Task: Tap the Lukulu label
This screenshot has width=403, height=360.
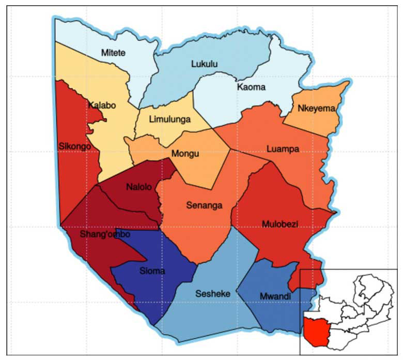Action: (204, 65)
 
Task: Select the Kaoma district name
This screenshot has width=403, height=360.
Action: (251, 87)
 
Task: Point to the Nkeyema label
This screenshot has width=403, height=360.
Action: (317, 108)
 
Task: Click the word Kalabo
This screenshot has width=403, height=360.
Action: (102, 106)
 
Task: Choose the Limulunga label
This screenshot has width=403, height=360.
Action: (169, 119)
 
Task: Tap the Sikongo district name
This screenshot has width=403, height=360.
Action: (75, 146)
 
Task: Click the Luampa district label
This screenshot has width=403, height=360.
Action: (283, 149)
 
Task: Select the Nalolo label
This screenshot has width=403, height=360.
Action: (139, 187)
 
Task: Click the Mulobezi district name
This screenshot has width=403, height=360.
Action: (280, 224)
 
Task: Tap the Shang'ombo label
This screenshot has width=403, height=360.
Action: (105, 234)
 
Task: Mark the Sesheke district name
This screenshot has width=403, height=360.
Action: (212, 294)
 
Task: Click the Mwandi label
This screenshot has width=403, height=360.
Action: (274, 296)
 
